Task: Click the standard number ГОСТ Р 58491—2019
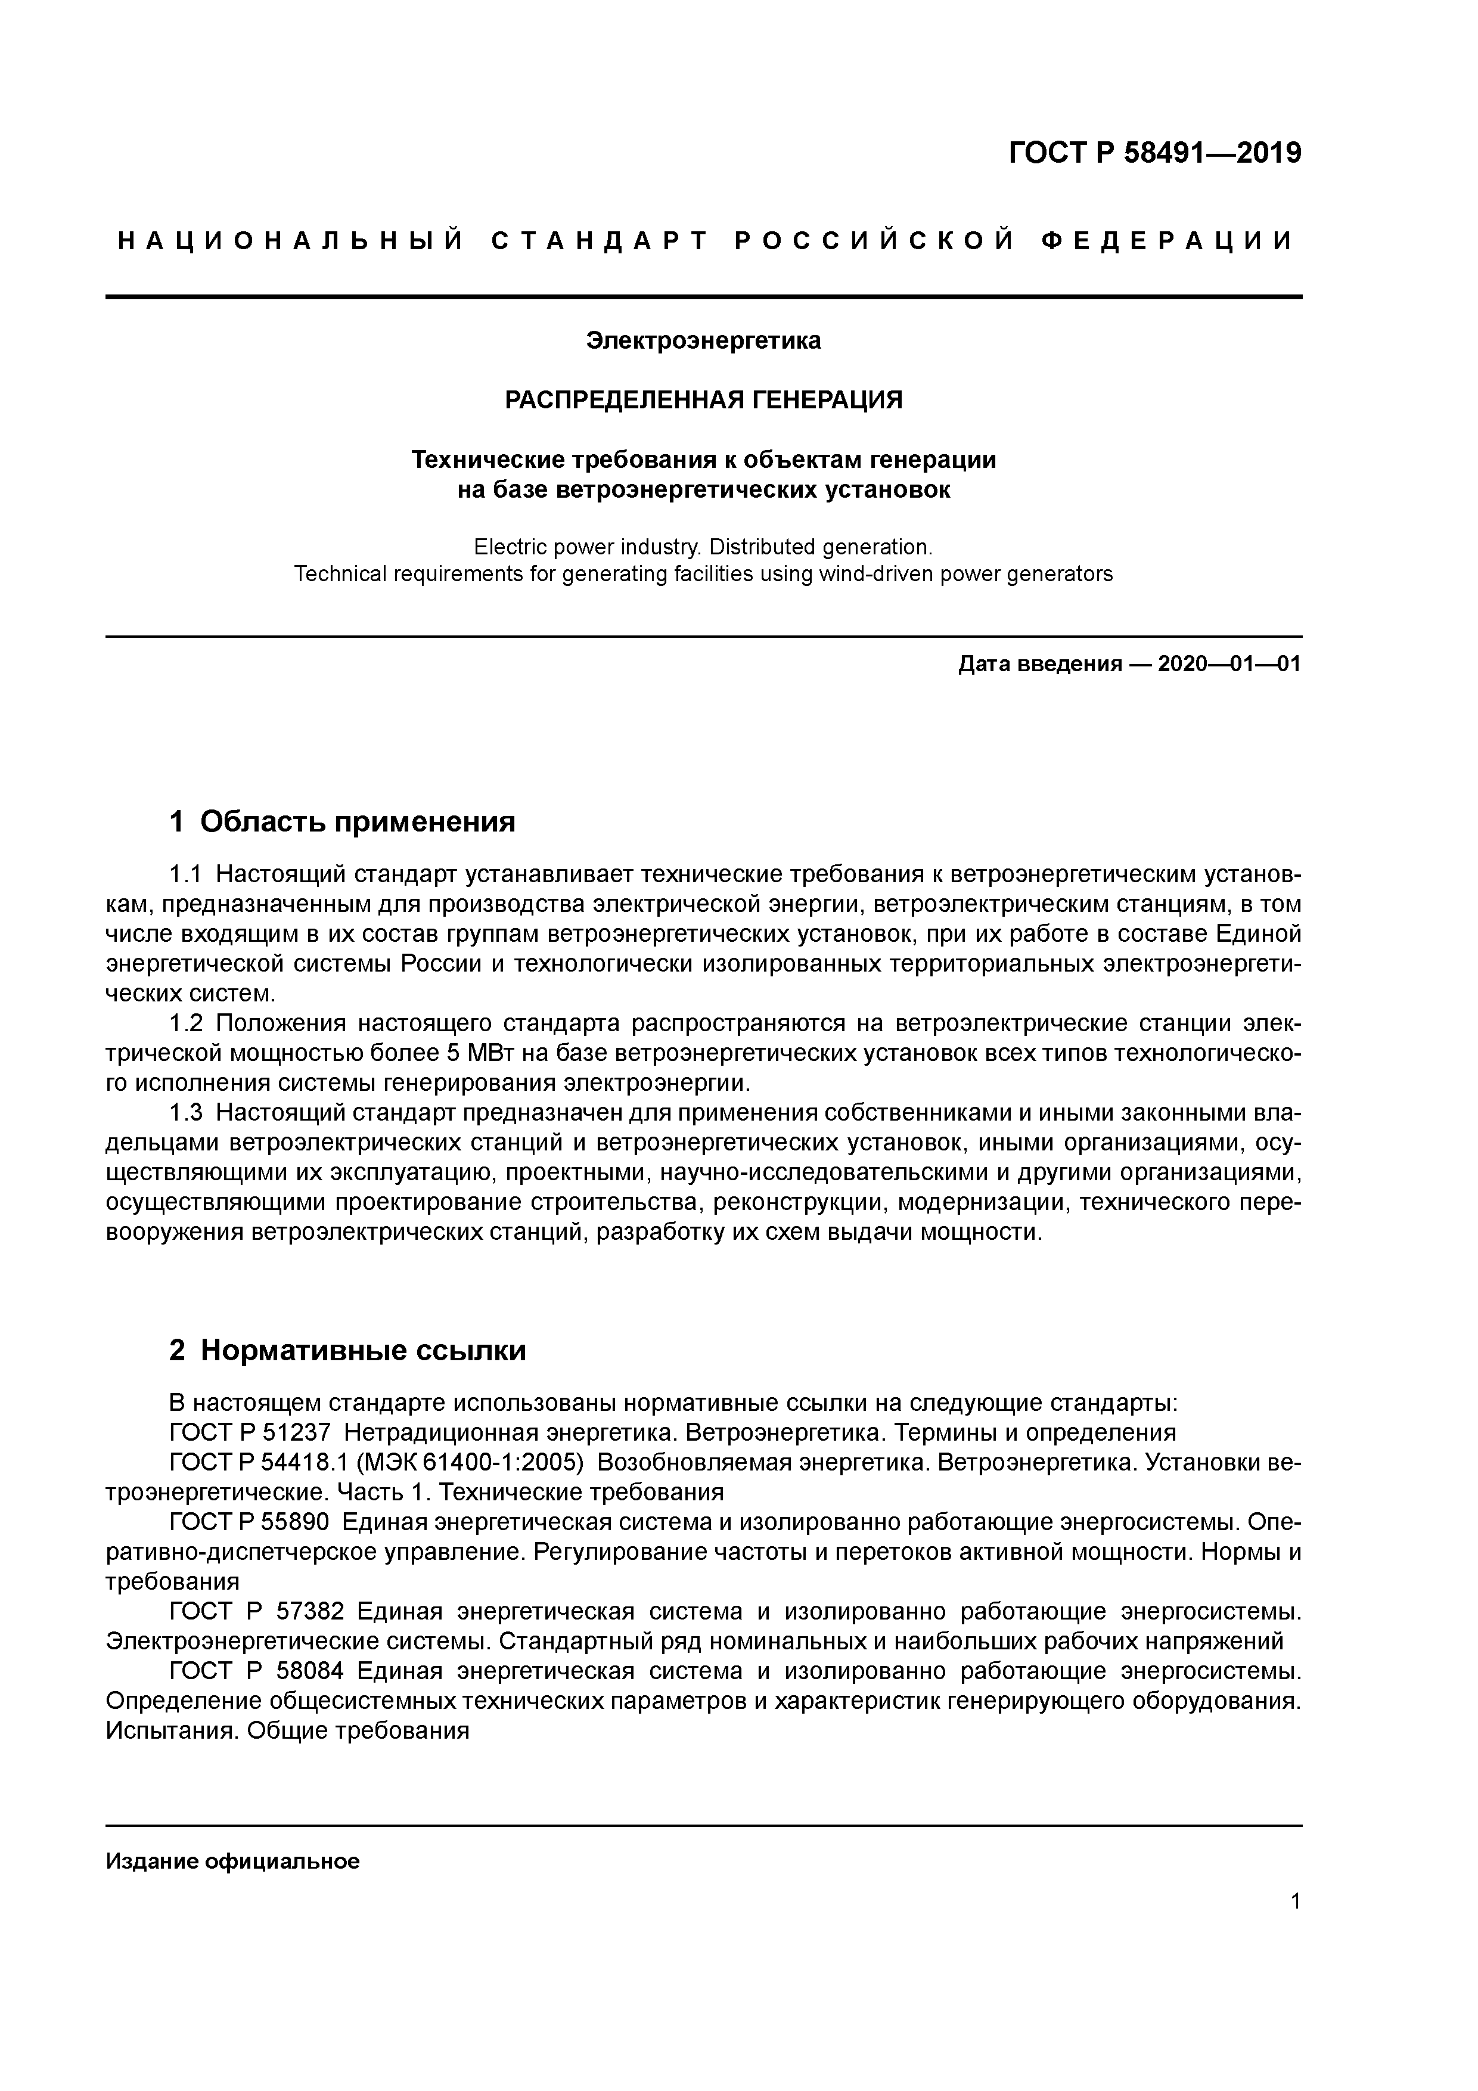coord(1155,153)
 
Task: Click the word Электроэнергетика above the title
coord(703,340)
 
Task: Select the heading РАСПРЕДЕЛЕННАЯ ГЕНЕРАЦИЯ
coord(704,400)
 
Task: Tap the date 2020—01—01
coord(1228,664)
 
